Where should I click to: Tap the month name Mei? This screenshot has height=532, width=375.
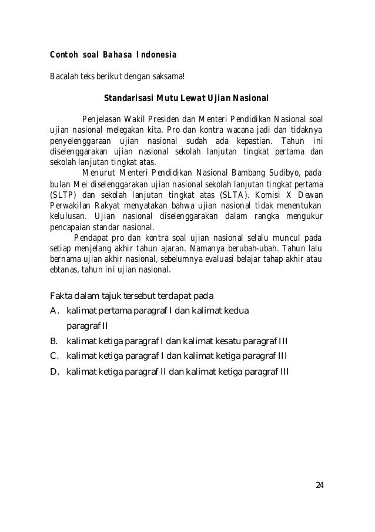[x=78, y=184]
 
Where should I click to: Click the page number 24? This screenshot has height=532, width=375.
[x=320, y=484]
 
